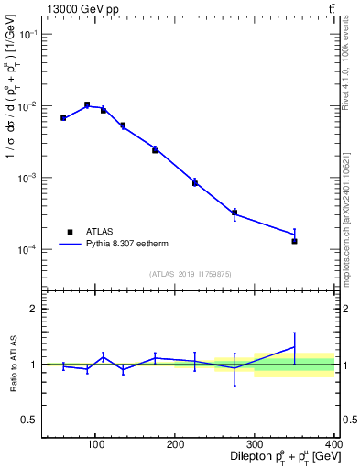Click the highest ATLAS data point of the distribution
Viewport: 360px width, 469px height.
pyautogui.click(x=87, y=104)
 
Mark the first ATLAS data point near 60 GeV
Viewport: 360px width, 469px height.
pyautogui.click(x=63, y=118)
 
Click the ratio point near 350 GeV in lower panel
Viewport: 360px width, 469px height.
pyautogui.click(x=294, y=347)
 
